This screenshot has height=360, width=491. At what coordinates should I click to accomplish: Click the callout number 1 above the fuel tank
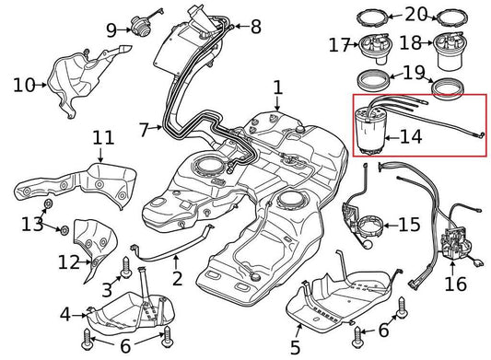coord(277,89)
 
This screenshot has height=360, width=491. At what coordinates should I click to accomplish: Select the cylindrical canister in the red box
coord(374,132)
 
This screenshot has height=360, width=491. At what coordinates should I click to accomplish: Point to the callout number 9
coord(111,30)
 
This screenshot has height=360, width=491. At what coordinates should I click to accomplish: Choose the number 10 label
coord(22,86)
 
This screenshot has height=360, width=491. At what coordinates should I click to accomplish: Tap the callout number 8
coord(254,26)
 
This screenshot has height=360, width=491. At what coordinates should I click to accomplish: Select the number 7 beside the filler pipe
coord(144,130)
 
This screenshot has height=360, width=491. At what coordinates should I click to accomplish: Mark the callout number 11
coord(103,138)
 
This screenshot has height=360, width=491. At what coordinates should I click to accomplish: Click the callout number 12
coord(69,262)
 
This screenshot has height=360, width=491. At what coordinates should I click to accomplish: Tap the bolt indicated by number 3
coord(126,264)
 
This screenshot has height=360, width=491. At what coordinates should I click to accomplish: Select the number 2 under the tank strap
coord(177,277)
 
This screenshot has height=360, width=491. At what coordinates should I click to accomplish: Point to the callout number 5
coord(295,347)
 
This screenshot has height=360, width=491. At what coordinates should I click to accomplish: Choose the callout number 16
coord(456,285)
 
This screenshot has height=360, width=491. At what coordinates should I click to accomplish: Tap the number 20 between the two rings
coord(416,15)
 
